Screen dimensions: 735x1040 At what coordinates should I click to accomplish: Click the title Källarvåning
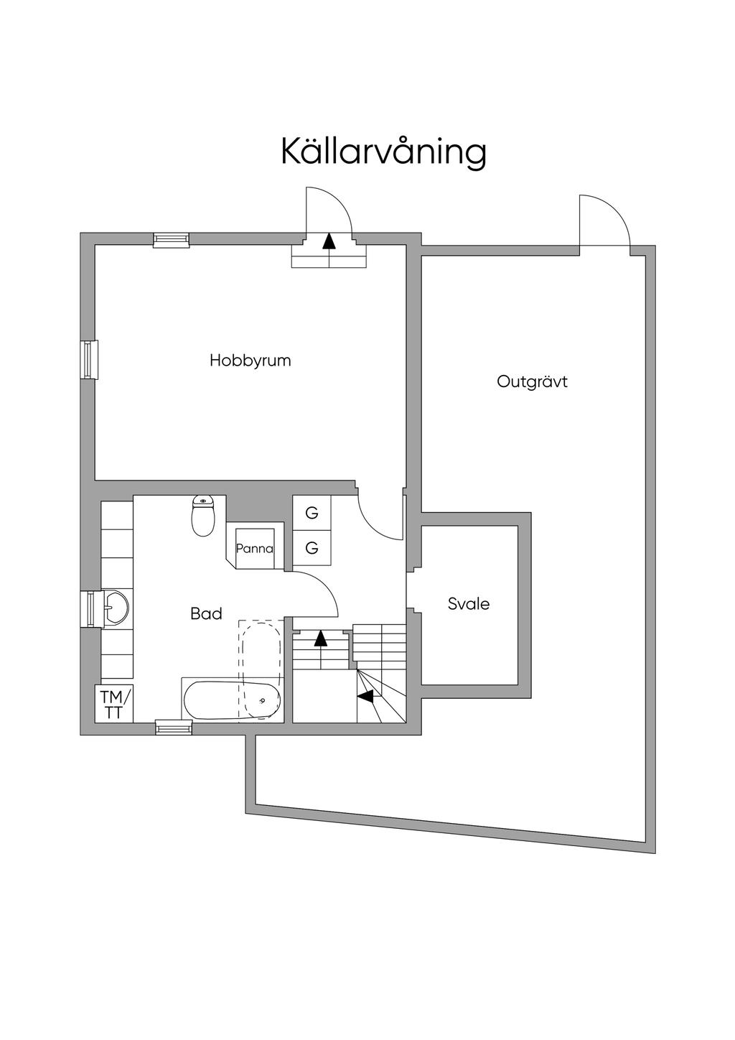[383, 151]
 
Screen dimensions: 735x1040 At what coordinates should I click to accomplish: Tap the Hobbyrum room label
[250, 361]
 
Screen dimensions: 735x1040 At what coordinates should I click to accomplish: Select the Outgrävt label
[532, 381]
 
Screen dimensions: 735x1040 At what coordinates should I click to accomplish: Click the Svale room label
[469, 603]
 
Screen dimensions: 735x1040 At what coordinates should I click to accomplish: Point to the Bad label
[206, 613]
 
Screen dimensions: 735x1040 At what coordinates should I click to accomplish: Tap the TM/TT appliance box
[113, 703]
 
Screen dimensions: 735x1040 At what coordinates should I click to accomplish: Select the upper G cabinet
[312, 513]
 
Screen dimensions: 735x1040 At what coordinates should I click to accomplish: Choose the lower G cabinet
[312, 548]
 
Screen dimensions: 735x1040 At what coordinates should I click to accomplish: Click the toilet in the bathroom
[203, 516]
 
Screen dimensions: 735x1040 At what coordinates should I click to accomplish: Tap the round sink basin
[116, 608]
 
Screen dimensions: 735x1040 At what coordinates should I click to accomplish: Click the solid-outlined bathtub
[232, 701]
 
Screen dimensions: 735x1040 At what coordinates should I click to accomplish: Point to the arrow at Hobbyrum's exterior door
[329, 241]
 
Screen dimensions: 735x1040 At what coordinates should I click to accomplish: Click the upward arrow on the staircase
[320, 639]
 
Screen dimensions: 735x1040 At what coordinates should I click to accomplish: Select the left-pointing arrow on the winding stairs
[365, 695]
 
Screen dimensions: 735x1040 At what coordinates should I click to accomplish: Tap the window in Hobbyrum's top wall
[172, 240]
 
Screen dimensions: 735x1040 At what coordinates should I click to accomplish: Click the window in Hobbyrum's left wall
[89, 360]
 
